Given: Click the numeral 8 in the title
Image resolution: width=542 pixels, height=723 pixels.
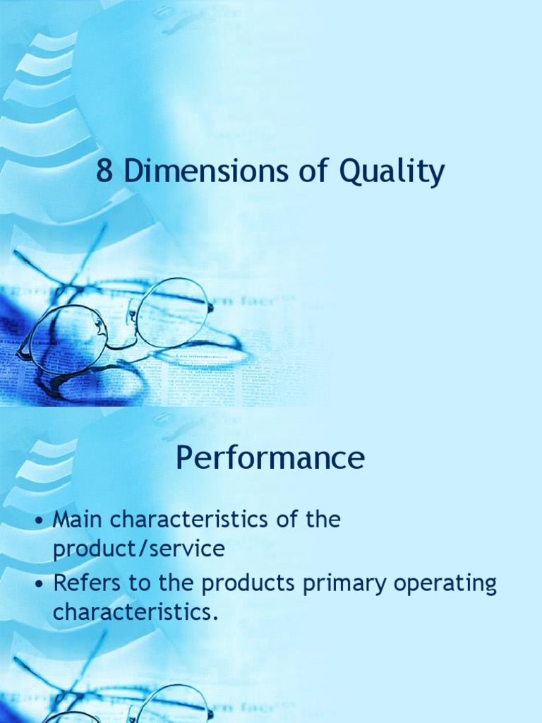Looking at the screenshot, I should pyautogui.click(x=104, y=172).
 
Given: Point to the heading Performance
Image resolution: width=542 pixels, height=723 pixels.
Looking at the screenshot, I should pyautogui.click(x=270, y=459).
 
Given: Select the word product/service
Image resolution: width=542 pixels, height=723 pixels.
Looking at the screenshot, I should pyautogui.click(x=139, y=549).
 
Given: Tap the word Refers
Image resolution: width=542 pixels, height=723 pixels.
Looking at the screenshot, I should pyautogui.click(x=89, y=585).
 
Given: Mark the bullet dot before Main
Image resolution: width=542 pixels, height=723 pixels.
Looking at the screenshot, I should pyautogui.click(x=42, y=522).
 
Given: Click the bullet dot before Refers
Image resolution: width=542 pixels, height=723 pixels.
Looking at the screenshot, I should pyautogui.click(x=42, y=586).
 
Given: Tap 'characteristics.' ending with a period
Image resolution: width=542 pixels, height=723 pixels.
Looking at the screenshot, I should pyautogui.click(x=133, y=613).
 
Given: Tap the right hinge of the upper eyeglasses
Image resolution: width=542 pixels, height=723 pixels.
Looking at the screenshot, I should pyautogui.click(x=210, y=306).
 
